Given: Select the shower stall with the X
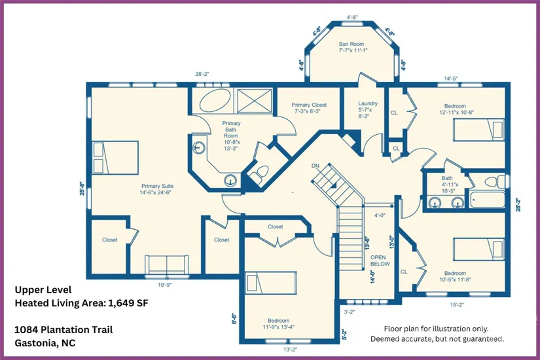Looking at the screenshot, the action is (255, 101).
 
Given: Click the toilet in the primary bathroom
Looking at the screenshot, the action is (261, 172).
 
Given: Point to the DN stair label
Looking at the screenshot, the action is (315, 166).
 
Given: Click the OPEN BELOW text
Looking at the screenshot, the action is (380, 261).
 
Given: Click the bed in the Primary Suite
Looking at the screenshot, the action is (115, 158).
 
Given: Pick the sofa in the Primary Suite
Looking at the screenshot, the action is (167, 265).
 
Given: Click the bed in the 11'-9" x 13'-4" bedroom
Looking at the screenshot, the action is (271, 283).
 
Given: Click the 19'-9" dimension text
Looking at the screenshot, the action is (164, 285).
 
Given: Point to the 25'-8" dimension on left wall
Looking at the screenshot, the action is (82, 189).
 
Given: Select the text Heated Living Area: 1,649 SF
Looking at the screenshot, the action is (81, 303).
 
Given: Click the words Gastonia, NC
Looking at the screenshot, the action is (45, 343).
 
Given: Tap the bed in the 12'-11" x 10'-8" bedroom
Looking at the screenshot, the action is (478, 130).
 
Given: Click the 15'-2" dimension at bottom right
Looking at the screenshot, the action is (457, 304).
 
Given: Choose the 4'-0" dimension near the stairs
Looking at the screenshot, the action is (380, 215).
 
